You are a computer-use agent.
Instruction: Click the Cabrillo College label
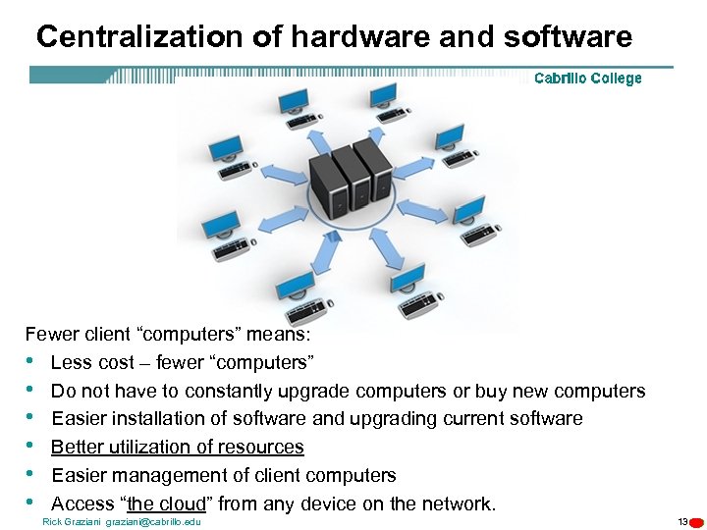587,79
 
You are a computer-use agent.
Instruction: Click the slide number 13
682,521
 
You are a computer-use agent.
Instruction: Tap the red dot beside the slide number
696,522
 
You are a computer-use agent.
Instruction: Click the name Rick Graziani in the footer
72,521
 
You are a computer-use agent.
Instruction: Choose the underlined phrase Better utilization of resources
177,448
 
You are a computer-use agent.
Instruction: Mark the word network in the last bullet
459,504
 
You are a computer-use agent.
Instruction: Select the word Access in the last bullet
82,504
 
